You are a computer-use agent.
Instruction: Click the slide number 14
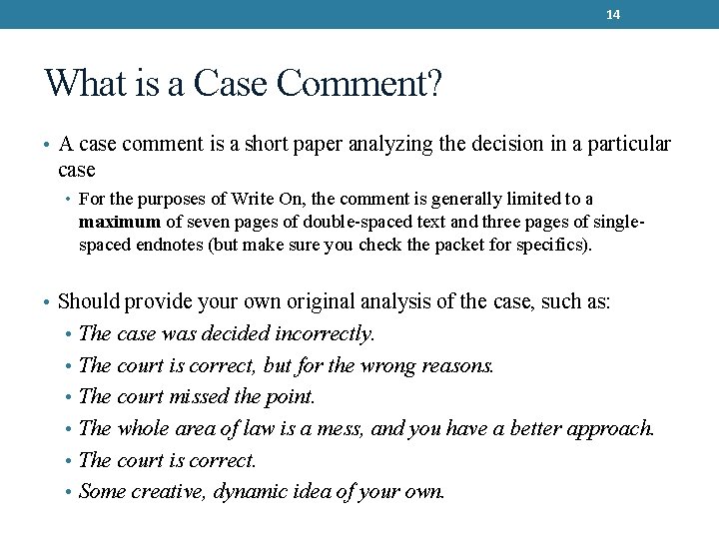pyautogui.click(x=613, y=14)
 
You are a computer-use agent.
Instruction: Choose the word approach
pyautogui.click(x=610, y=429)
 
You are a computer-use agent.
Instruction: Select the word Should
pyautogui.click(x=90, y=301)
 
